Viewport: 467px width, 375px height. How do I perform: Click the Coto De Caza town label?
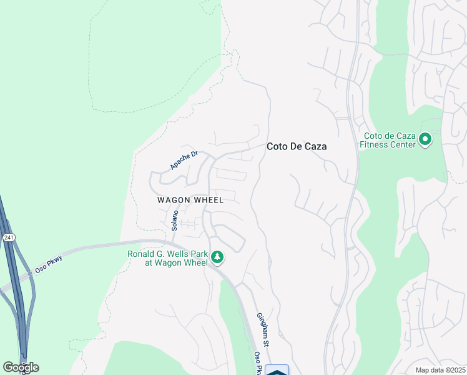[297, 146]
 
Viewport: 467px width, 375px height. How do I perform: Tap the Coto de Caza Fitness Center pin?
[426, 139]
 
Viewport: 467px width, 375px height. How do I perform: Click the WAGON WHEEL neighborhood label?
[190, 200]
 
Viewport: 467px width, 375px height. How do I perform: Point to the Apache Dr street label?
[183, 160]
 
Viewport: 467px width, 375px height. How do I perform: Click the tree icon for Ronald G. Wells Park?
[217, 257]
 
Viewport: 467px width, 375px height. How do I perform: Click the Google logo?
[21, 367]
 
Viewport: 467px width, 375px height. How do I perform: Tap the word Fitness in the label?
[377, 145]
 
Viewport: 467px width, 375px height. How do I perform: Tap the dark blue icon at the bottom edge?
[277, 370]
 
